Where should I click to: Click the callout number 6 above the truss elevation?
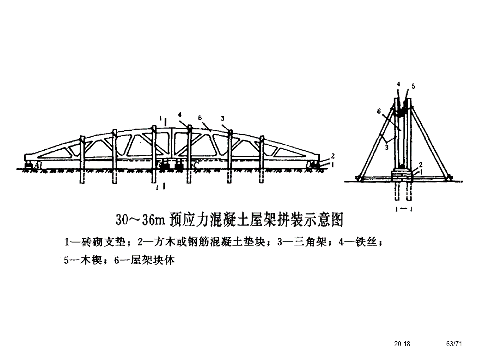[x=199, y=117]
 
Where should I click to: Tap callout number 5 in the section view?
[x=413, y=86]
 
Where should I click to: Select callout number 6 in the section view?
[x=379, y=111]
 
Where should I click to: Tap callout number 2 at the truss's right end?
[x=332, y=156]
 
